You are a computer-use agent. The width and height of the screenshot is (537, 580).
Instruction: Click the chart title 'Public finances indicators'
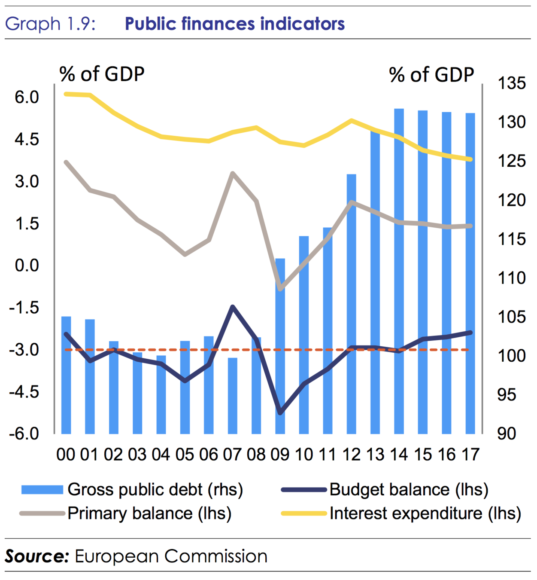click(x=234, y=24)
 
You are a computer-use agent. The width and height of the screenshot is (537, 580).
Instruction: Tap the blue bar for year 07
click(x=232, y=395)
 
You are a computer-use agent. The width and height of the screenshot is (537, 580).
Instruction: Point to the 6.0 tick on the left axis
click(x=27, y=98)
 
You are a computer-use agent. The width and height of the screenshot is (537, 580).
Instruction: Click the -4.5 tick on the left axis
click(x=24, y=392)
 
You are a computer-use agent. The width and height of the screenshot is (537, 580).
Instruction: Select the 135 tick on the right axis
click(x=511, y=83)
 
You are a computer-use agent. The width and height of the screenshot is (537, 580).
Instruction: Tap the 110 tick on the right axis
click(x=511, y=278)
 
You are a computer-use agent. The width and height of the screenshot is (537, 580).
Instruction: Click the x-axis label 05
click(x=185, y=455)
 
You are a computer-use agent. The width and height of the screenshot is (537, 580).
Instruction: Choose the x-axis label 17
click(x=470, y=455)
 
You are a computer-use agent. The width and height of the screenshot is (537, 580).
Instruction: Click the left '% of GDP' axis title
click(x=102, y=74)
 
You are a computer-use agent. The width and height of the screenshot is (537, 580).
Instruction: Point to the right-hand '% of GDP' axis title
click(x=431, y=75)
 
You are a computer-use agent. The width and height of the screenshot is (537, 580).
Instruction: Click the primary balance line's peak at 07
click(x=232, y=174)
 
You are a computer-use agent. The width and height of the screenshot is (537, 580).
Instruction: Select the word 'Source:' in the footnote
click(x=37, y=556)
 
